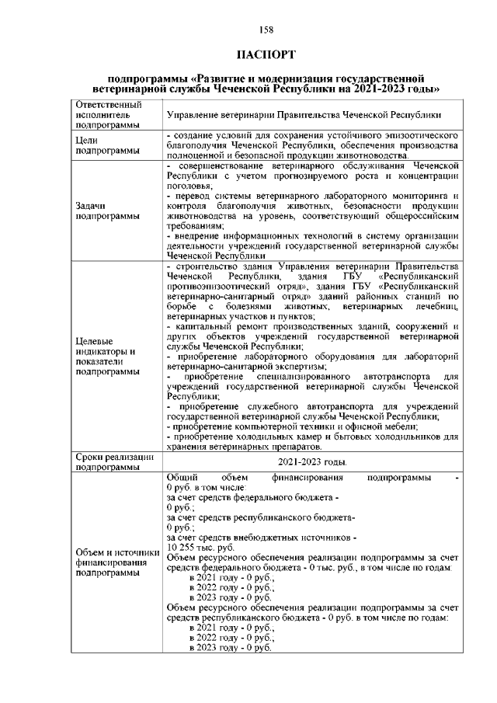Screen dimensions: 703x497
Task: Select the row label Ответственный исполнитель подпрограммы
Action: pos(104,114)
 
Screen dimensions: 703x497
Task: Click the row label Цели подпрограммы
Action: pos(104,145)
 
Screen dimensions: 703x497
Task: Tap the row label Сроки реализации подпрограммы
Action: pos(108,463)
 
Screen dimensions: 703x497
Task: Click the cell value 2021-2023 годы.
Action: pos(313,463)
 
